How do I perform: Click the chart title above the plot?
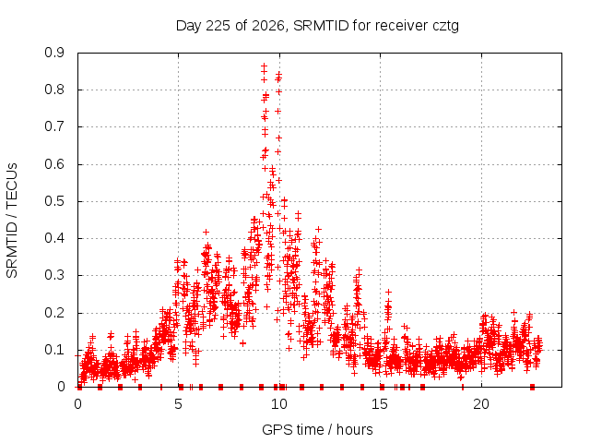[x=317, y=26]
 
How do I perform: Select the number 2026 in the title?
[x=268, y=26]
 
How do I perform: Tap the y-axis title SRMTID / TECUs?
[x=12, y=221]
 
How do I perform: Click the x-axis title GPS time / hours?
[x=317, y=429]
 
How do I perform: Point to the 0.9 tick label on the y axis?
[x=54, y=53]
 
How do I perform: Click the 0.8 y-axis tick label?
[x=54, y=90]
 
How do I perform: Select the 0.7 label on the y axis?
[x=54, y=127]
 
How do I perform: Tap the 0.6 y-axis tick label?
[x=54, y=164]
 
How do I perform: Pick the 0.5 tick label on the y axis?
[x=54, y=201]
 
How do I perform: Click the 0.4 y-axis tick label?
[x=54, y=238]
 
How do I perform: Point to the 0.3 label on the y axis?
[x=54, y=275]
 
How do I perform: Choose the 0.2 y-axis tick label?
[x=54, y=313]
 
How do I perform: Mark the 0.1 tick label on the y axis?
[x=54, y=350]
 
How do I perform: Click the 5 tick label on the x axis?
[x=178, y=404]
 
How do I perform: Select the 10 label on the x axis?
[x=279, y=404]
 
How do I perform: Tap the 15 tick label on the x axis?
[x=380, y=404]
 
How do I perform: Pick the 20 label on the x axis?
[x=481, y=404]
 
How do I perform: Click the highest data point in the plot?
[x=265, y=66]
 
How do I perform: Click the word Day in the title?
[x=188, y=27]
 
